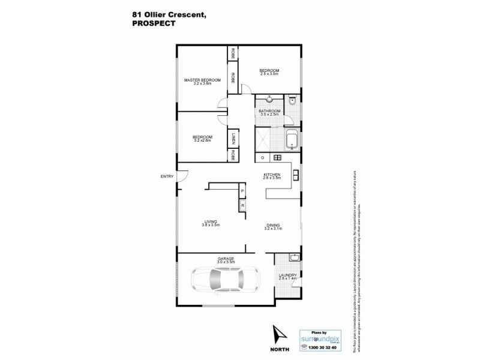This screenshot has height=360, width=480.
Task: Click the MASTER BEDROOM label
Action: tap(203, 80)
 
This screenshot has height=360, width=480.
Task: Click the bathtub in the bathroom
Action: tap(292, 140)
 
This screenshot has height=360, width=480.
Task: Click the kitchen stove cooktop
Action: tap(278, 158)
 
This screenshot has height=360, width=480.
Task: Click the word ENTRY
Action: tap(167, 176)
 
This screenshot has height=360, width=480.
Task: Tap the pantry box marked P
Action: tap(242, 193)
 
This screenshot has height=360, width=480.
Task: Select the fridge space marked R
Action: tap(242, 206)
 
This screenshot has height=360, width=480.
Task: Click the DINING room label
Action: tap(273, 226)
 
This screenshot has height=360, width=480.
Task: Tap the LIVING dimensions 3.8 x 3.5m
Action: tap(211, 225)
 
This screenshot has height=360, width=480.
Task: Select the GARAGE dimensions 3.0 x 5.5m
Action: tap(226, 262)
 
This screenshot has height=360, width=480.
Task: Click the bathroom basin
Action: tap(269, 100)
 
